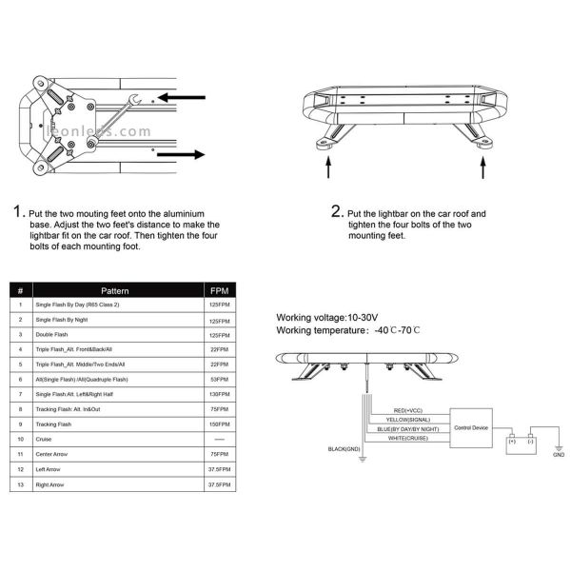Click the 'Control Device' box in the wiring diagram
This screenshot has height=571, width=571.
click(x=471, y=428)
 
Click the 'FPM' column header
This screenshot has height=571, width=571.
click(x=219, y=290)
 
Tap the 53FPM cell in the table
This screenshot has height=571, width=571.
click(x=219, y=379)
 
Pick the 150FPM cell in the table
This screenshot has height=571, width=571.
click(x=219, y=423)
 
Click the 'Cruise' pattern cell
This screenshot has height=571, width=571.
click(x=46, y=439)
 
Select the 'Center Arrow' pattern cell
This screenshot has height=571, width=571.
click(x=53, y=454)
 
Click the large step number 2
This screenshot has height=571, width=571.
click(x=336, y=210)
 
